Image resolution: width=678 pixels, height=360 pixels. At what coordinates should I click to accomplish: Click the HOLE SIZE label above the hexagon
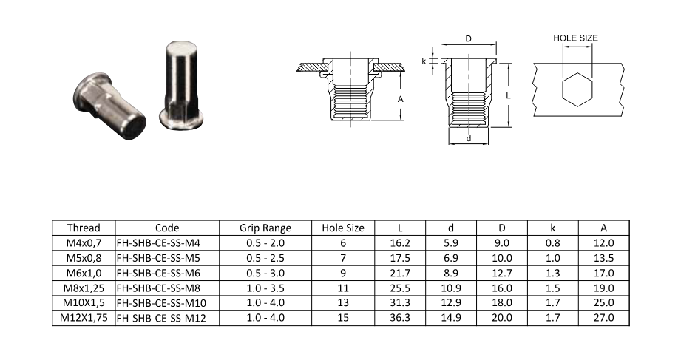point(575,38)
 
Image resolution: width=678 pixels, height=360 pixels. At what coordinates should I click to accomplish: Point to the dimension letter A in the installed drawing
point(401,99)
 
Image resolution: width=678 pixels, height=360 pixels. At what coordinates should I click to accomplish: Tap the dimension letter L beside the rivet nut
point(509,95)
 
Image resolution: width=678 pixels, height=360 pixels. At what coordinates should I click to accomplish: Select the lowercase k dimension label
point(424,61)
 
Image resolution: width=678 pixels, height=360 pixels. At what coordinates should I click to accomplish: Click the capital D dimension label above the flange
point(468,39)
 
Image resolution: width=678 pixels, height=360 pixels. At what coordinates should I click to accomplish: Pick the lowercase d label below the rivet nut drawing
point(468,138)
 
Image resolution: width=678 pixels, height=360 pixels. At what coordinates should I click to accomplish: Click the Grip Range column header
point(265,228)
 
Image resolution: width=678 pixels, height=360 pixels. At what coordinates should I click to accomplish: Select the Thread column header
point(84,228)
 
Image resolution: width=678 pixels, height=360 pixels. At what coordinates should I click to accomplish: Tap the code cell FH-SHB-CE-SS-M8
point(158,288)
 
